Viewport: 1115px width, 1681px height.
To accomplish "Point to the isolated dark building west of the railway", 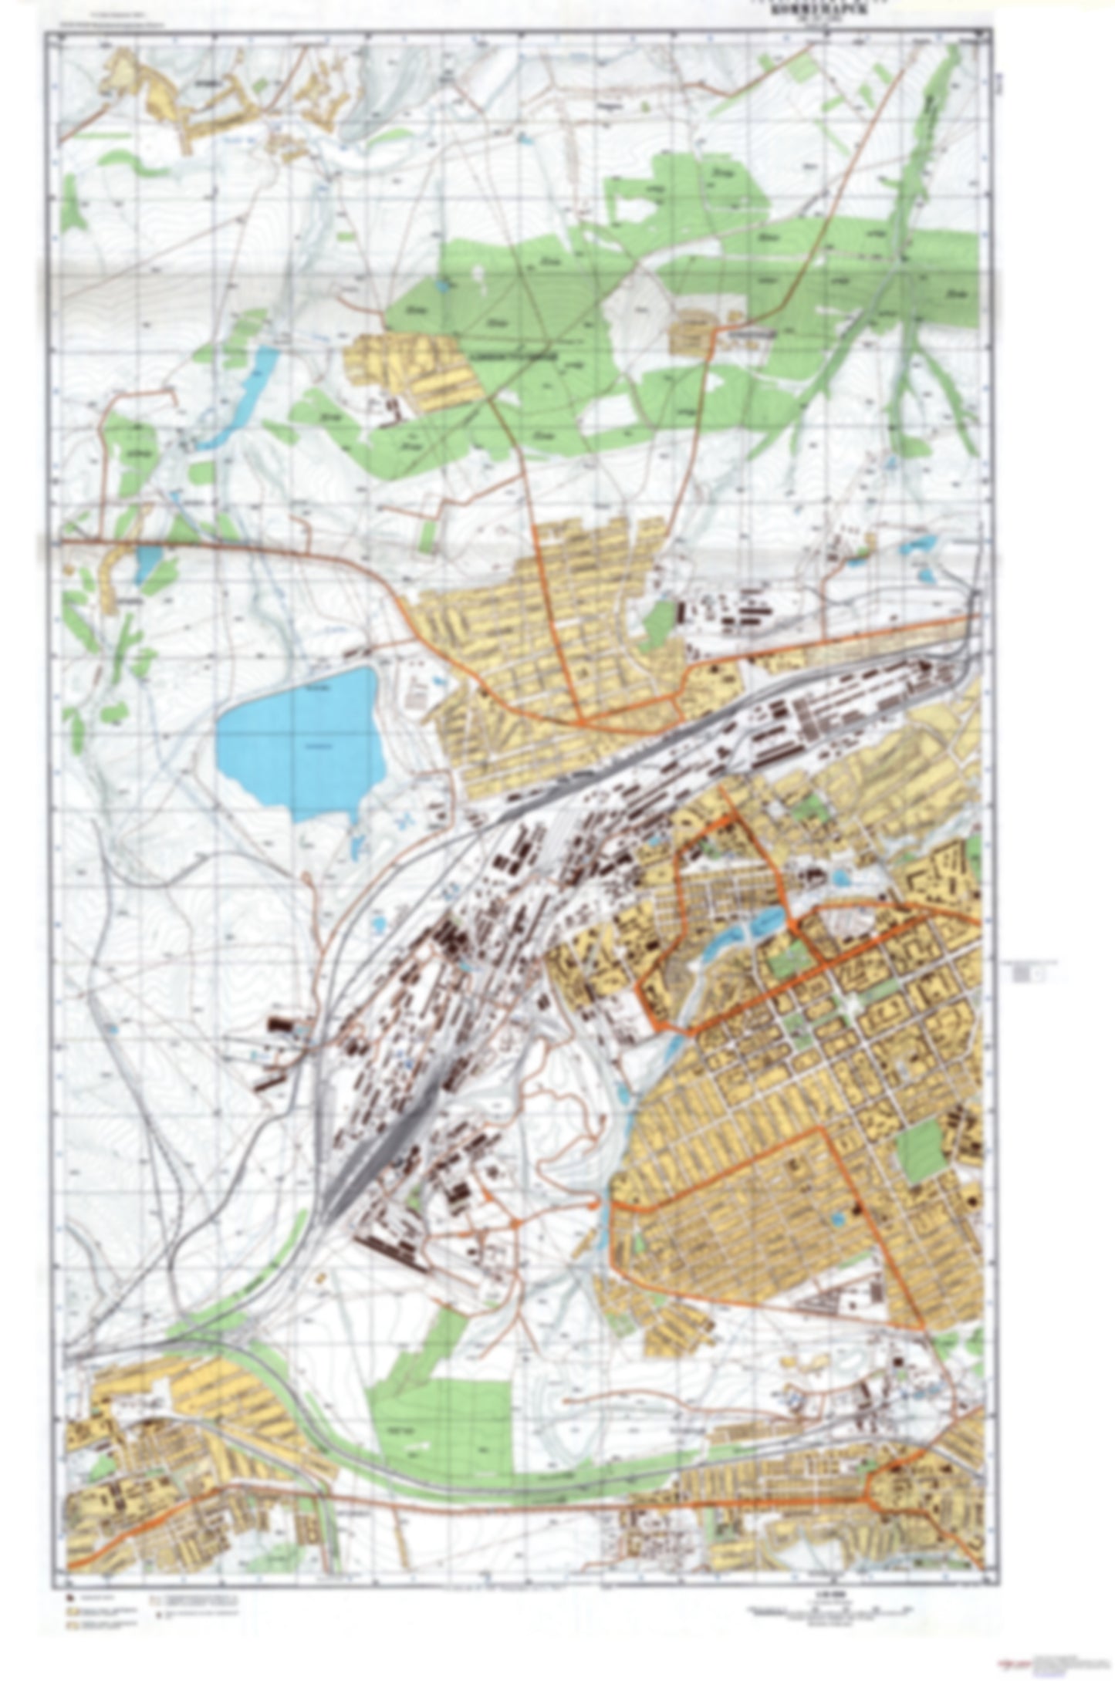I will pos(282,1026).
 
